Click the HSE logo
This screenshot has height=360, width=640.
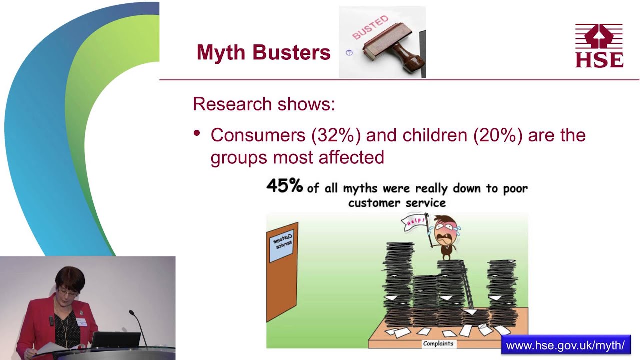(599, 45)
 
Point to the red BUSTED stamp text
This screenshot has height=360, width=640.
(370, 27)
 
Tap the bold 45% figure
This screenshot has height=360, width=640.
(285, 186)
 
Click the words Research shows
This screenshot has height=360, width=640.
(263, 104)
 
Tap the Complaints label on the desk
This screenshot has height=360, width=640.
(438, 343)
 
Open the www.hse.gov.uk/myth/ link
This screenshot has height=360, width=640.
(565, 345)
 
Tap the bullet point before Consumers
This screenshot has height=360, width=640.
(197, 133)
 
